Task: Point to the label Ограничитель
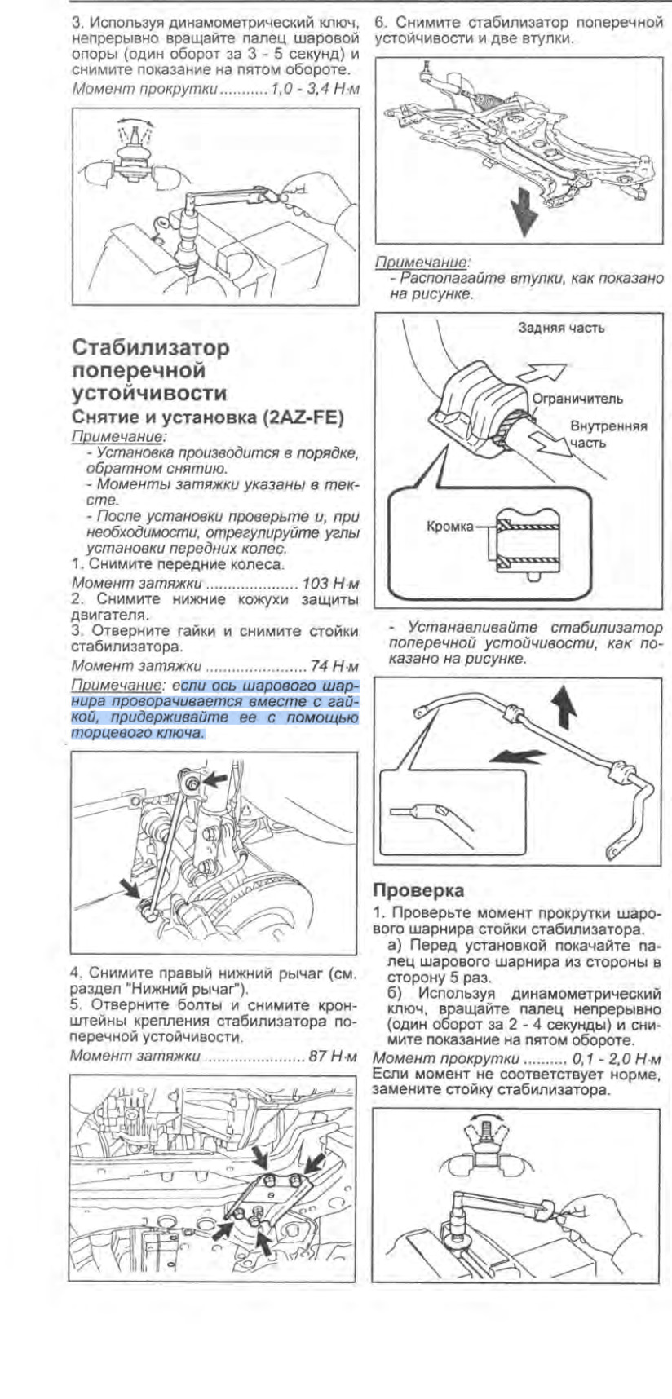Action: pyautogui.click(x=577, y=399)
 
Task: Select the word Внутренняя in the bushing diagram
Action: pyautogui.click(x=608, y=426)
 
